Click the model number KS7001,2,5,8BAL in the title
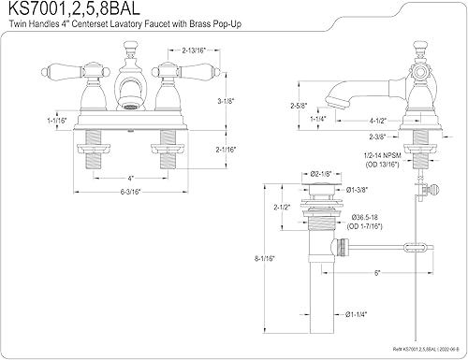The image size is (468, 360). coord(74,8)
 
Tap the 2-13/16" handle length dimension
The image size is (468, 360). coord(194,50)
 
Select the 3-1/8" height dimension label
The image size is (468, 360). coord(226,101)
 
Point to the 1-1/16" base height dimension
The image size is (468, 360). coord(57,121)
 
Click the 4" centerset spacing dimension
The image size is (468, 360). coord(130,179)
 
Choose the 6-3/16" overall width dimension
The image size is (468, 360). coord(131,192)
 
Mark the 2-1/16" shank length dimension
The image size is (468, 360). coord(226,150)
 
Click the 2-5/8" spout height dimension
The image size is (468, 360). coord(299,106)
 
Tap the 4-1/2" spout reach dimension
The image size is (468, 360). coord(378,121)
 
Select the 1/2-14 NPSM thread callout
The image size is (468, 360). coord(382,155)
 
